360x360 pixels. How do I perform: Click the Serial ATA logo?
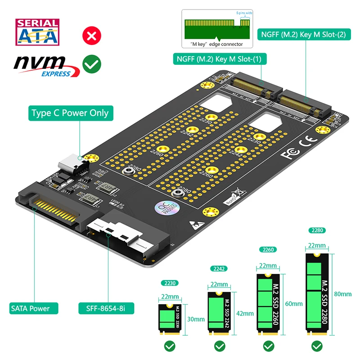[x=38, y=32]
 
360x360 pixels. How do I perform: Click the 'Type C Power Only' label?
[x=70, y=112]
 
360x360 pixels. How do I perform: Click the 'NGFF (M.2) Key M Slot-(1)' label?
[x=220, y=58]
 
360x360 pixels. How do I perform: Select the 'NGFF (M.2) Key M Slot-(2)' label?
[x=304, y=34]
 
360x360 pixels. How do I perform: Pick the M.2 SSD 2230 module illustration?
[x=168, y=319]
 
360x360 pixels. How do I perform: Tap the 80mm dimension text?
[x=343, y=294]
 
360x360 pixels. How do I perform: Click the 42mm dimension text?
[x=241, y=313]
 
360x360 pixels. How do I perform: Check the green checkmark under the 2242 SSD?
[x=219, y=346]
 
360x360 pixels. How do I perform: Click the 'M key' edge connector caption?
[x=217, y=44]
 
